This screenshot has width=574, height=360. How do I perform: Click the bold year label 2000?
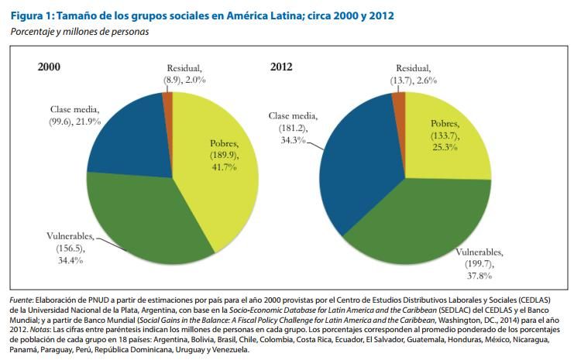pyautogui.click(x=49, y=67)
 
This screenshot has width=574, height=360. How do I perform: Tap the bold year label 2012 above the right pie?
pyautogui.click(x=281, y=67)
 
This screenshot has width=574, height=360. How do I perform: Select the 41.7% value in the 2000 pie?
pyautogui.click(x=224, y=168)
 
